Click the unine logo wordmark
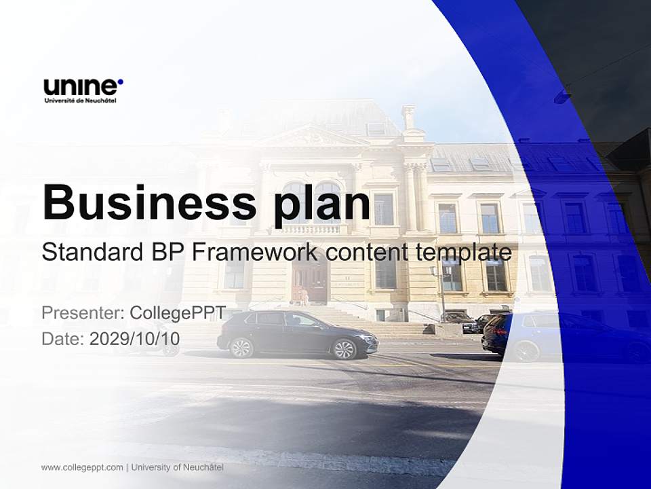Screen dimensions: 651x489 coord(81,87)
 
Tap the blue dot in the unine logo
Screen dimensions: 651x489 coord(121,82)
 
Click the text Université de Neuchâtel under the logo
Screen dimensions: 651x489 coord(80,101)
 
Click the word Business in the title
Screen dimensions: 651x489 coord(149,202)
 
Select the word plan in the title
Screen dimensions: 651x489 coord(321,206)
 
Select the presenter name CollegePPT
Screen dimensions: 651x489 coord(178,313)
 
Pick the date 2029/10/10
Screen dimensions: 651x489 coord(134,339)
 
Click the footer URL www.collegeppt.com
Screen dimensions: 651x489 coord(82,467)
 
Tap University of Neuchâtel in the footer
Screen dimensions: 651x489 coord(178,467)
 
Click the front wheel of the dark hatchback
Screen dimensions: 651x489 coord(344,349)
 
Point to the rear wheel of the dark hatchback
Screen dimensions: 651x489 coord(241,348)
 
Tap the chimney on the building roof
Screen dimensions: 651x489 coord(408,117)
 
